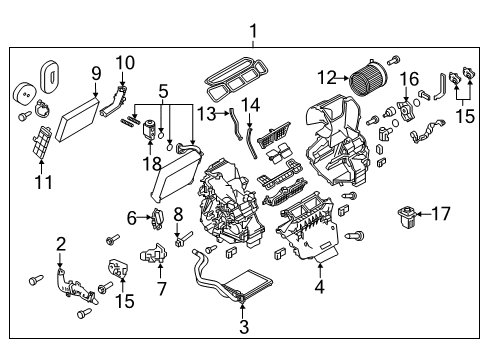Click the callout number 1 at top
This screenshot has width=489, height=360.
click(x=253, y=30)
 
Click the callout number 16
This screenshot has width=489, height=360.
click(x=408, y=79)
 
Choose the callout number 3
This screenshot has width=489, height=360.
click(x=243, y=325)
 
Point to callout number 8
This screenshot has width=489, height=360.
click(x=178, y=212)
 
